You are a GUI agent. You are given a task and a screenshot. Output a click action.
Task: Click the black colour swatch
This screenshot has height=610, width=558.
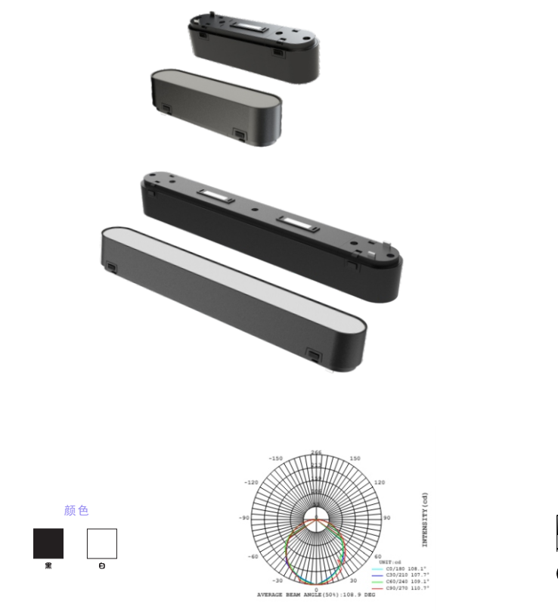coord(48,543)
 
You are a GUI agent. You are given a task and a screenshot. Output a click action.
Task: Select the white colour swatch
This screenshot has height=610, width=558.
coord(102,543)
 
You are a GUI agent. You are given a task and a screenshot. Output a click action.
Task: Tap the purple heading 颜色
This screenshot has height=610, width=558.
coord(76,511)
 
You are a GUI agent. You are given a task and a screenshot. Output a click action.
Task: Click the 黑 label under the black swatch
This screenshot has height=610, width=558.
coord(48,565)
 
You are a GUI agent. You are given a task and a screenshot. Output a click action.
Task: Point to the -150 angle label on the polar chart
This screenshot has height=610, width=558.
coord(274,459)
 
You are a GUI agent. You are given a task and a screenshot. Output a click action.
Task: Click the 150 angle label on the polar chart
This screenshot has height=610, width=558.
coord(355,459)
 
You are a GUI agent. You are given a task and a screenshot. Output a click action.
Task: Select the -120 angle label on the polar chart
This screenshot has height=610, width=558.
coord(251,482)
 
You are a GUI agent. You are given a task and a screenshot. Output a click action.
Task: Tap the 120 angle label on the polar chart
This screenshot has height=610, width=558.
coord(380,482)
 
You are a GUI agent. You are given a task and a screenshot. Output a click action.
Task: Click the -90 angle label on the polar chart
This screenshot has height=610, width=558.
coord(244,518)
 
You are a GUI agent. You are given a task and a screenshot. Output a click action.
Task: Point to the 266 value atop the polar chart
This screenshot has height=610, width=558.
coord(316,453)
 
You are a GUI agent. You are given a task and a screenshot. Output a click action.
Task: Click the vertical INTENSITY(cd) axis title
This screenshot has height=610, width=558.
coord(425,519)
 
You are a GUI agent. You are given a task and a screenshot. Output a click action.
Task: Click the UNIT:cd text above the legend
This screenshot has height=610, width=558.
coord(391,562)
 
